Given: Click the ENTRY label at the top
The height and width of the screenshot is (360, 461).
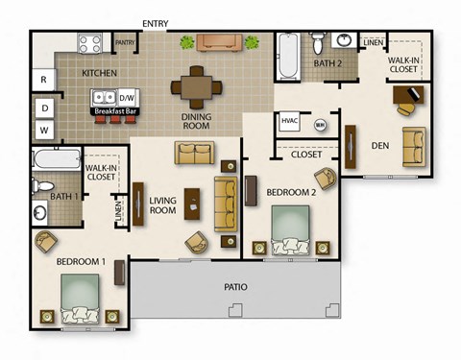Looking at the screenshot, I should point(156,23).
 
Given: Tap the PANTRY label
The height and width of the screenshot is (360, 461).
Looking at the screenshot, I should point(125,43).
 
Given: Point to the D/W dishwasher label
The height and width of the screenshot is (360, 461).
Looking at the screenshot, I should point(127,98).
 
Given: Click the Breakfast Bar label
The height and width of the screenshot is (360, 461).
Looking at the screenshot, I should point(112,112).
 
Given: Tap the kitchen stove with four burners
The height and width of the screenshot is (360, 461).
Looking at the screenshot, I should point(91,43).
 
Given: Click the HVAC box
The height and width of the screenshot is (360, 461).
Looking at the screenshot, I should point(289,121).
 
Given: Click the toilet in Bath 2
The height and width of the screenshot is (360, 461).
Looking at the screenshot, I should point(318,44).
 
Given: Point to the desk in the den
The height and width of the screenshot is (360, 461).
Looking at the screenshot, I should point(408,95).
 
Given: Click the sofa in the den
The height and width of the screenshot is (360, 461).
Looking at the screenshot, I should point(415,147).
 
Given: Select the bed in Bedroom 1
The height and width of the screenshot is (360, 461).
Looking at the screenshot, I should point(81,298).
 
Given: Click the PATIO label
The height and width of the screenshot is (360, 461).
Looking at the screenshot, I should point(235,286).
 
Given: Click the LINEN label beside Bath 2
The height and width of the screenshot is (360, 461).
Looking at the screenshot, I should point(374,42).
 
